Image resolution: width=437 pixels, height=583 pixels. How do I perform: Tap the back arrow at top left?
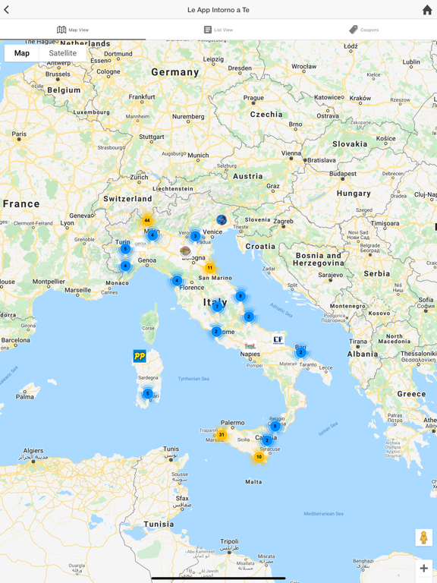[7, 10]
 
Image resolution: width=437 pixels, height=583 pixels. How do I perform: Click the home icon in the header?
[427, 10]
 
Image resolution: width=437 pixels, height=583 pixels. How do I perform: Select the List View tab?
[218, 30]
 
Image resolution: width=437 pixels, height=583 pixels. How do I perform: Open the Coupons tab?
[363, 30]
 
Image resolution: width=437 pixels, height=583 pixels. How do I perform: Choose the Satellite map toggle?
[62, 53]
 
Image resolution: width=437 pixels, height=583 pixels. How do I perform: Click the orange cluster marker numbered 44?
[147, 221]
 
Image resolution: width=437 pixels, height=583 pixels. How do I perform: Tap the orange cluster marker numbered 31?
[222, 435]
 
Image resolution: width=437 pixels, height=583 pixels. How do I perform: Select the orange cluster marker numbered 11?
[210, 268]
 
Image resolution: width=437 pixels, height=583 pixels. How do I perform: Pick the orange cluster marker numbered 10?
[259, 457]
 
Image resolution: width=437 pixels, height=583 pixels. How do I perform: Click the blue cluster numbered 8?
[241, 296]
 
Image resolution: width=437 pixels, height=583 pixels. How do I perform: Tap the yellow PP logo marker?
[140, 356]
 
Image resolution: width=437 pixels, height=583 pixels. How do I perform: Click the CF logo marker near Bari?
[278, 340]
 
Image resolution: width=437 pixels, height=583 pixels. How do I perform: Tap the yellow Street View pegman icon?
[423, 537]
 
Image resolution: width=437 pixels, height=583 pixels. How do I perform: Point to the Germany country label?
[174, 72]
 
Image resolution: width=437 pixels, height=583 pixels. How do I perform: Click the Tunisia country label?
[159, 525]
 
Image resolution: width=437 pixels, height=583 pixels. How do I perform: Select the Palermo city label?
[232, 423]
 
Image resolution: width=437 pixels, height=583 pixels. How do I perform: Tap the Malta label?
[253, 482]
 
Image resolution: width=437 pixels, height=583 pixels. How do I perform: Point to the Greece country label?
[411, 394]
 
